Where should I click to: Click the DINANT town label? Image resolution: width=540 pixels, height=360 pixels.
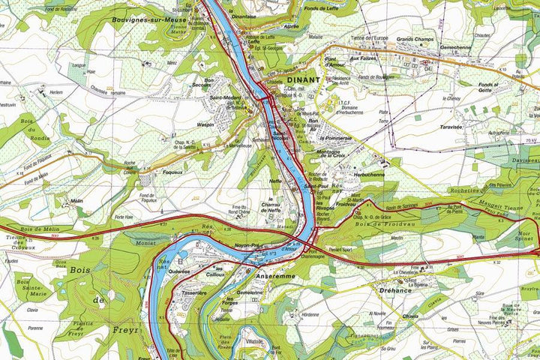point(303,79)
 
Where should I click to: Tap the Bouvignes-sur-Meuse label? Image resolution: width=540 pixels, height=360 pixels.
point(149,19)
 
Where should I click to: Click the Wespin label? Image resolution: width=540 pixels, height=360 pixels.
point(205,125)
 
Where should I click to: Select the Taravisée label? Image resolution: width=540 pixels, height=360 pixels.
point(456,127)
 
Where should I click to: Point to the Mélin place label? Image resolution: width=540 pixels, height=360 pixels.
point(76,201)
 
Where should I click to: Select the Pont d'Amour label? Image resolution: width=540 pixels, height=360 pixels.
point(335,63)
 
